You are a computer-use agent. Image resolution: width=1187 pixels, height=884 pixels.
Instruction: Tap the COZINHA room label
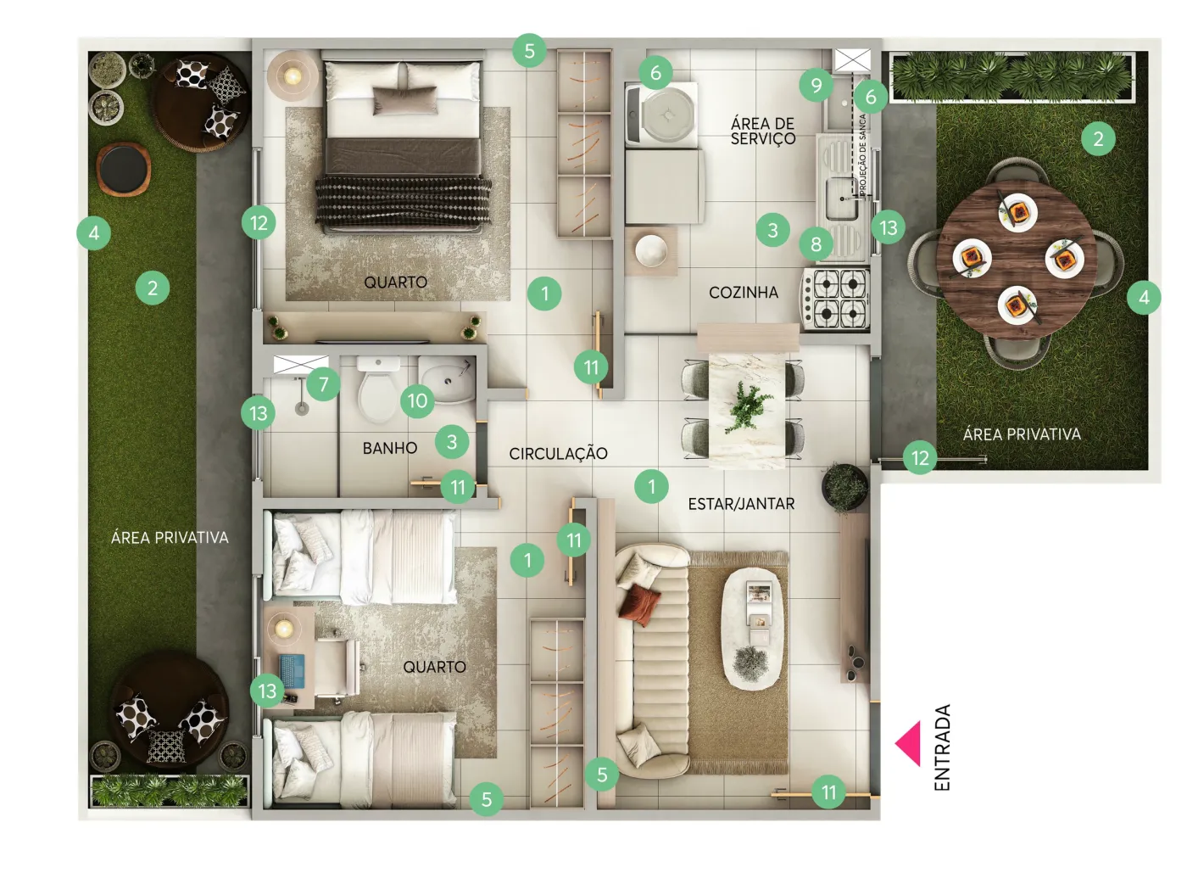click(x=744, y=293)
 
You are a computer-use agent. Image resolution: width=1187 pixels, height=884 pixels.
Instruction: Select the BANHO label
click(x=390, y=448)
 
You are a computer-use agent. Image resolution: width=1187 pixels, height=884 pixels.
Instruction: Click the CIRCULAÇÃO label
click(x=558, y=454)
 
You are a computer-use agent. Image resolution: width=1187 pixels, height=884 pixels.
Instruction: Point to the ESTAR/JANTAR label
click(x=741, y=504)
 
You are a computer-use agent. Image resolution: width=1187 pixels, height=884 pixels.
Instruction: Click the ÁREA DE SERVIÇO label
click(x=763, y=131)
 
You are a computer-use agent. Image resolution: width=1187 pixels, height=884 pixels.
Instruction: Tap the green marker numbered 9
click(x=816, y=85)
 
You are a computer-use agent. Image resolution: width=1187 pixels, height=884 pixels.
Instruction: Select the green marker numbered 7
click(x=323, y=384)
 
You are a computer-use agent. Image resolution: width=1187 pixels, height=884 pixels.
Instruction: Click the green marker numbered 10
click(x=417, y=400)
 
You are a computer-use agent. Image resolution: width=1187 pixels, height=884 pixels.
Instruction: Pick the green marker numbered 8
click(x=816, y=244)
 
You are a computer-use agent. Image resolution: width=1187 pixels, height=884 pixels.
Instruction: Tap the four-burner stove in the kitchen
click(x=834, y=299)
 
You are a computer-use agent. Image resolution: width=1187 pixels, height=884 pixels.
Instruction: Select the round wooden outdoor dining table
click(x=1017, y=259)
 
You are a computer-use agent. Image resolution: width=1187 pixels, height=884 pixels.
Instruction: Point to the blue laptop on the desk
click(x=293, y=671)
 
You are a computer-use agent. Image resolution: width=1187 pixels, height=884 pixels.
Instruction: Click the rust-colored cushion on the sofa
click(x=640, y=605)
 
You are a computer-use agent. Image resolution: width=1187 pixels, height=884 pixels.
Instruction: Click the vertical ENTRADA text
click(x=941, y=747)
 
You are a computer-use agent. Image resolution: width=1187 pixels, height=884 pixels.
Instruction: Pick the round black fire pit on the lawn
click(x=124, y=169)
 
